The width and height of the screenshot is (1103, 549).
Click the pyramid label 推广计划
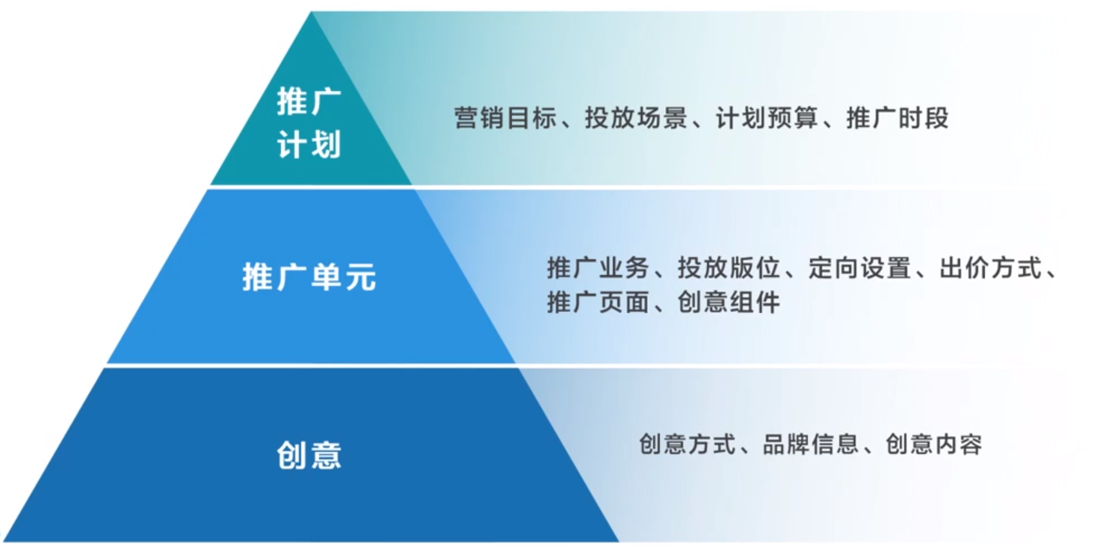click(309, 122)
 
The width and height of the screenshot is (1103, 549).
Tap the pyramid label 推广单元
click(309, 276)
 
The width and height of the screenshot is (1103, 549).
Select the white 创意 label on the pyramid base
click(309, 455)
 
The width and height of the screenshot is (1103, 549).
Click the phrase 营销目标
click(505, 118)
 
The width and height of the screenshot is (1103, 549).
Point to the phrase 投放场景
click(636, 118)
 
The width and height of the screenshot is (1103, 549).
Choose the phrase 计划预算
click(767, 118)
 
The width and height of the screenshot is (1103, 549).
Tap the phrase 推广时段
click(897, 118)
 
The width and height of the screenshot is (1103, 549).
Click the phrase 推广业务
click(598, 268)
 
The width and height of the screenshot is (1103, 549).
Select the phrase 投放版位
click(729, 268)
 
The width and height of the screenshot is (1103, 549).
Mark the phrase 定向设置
click(859, 268)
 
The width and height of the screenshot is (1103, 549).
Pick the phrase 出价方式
click(990, 268)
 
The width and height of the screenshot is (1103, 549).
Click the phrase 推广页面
click(598, 302)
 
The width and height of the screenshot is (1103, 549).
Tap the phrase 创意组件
click(729, 302)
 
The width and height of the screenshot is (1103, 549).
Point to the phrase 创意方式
click(687, 444)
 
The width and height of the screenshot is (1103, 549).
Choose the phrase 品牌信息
click(811, 444)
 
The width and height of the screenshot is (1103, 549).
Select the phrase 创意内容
click(933, 444)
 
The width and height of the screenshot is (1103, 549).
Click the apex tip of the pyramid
click(311, 12)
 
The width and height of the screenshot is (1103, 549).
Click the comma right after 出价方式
click(1051, 275)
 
